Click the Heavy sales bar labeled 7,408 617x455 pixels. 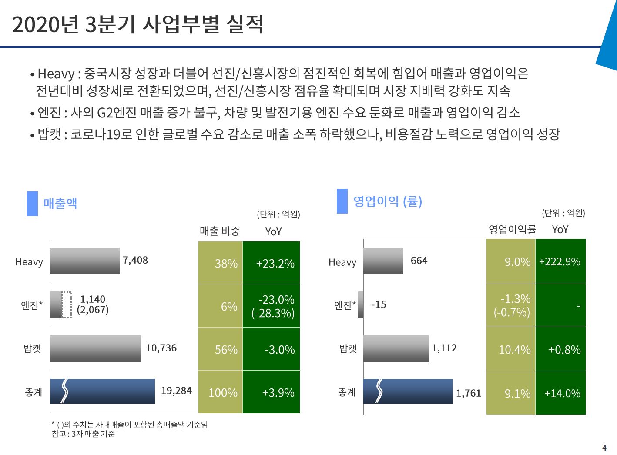tap(85, 261)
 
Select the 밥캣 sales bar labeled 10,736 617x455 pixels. tap(95, 348)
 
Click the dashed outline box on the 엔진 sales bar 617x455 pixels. tap(67, 305)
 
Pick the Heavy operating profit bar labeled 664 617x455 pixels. tap(383, 261)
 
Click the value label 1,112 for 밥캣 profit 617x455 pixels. tap(444, 348)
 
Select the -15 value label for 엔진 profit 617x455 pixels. tap(379, 304)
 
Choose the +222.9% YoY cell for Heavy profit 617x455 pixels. tap(560, 261)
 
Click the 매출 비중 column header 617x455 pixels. tap(220, 231)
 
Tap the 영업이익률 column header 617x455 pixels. tap(512, 229)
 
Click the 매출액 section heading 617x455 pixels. tap(60, 203)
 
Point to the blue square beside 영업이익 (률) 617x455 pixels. tap(342, 201)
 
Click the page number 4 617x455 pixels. tap(604, 448)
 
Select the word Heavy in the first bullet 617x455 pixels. tap(56, 74)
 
